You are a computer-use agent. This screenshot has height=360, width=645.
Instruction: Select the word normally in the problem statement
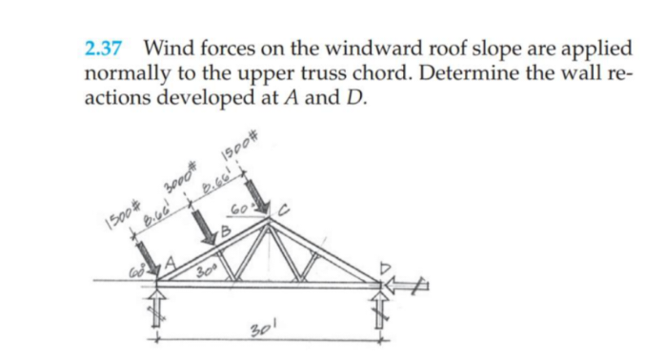click(127, 72)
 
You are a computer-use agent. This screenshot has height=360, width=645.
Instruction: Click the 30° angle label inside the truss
click(202, 272)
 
